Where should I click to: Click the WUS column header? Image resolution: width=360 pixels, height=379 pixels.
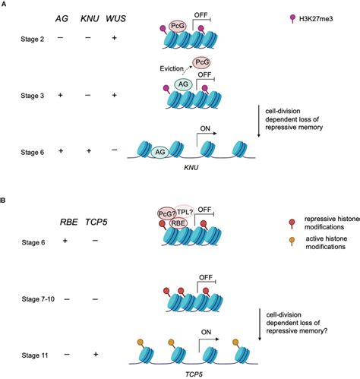115,18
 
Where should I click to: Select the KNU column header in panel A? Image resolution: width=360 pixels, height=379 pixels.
90,18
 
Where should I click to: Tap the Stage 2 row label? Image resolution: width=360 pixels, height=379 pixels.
32,39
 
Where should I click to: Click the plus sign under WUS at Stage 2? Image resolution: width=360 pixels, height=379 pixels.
115,38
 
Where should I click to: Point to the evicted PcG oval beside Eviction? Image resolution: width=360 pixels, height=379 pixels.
201,62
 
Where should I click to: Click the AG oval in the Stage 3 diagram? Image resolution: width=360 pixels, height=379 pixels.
183,84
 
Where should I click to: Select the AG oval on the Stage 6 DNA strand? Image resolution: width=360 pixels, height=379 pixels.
160,152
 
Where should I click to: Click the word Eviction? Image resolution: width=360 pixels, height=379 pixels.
172,68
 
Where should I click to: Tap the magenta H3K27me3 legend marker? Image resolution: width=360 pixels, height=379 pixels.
292,19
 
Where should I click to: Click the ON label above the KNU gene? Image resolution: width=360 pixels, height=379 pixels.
205,128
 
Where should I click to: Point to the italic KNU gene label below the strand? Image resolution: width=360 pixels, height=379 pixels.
191,167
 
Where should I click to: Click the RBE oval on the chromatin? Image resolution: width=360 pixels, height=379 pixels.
178,223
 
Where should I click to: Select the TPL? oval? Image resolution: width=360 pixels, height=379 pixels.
185,212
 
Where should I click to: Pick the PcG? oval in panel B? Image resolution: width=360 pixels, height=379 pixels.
166,213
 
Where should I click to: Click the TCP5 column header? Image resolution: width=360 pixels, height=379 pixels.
96,222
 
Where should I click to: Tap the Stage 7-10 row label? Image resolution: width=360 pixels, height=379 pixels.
38,299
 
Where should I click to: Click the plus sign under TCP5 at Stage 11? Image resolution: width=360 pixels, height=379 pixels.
96,354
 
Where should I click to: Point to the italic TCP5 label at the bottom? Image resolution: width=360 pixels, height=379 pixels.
194,374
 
